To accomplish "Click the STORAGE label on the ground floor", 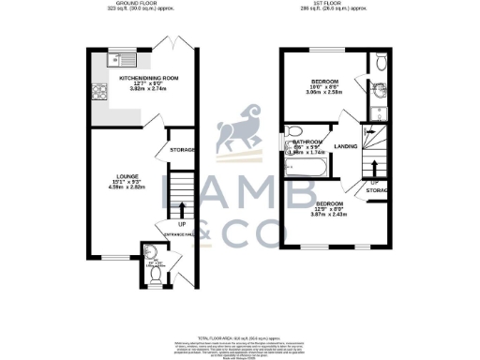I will (182, 149).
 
